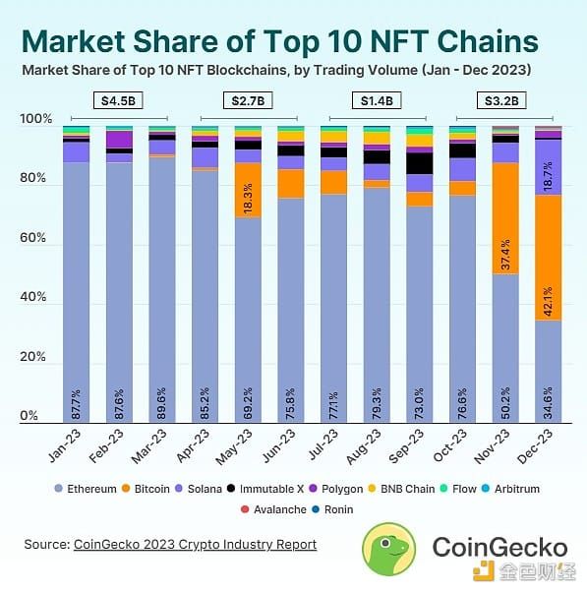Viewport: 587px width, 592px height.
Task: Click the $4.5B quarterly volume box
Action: [118, 101]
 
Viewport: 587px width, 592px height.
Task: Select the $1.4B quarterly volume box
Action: [377, 101]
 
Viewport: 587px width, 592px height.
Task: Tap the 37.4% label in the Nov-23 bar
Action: [505, 254]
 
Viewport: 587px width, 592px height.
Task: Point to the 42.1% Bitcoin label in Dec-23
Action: [548, 301]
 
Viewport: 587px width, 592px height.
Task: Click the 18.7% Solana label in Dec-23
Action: [548, 176]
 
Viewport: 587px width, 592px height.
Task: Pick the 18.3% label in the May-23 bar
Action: [248, 199]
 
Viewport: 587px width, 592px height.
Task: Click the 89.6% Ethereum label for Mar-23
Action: [162, 403]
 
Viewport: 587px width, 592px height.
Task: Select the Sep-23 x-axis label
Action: [406, 446]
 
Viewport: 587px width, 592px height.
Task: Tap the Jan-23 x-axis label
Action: [65, 445]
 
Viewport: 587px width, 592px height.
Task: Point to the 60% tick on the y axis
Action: [32, 238]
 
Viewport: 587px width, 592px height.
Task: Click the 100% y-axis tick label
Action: [35, 119]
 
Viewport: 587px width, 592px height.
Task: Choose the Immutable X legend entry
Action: [265, 489]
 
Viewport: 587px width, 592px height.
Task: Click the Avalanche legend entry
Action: [273, 509]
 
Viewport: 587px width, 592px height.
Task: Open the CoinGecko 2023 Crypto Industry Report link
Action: [195, 545]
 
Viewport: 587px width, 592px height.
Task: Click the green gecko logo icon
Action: [388, 550]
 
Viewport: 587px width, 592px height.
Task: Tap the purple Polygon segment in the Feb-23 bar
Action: [119, 140]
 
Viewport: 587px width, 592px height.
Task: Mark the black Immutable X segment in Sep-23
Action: [420, 163]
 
